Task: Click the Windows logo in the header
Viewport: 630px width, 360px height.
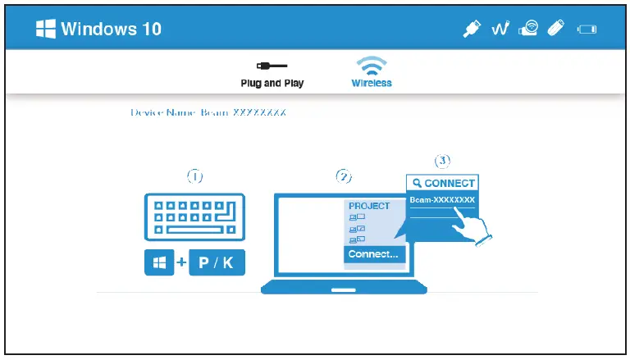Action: coord(46,29)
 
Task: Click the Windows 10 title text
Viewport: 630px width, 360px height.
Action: coord(112,30)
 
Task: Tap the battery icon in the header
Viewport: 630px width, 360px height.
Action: coord(587,30)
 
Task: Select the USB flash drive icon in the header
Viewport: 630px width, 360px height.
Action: coord(556,30)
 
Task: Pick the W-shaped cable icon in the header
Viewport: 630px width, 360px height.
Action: coord(501,30)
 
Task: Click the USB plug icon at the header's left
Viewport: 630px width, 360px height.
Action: coord(472,30)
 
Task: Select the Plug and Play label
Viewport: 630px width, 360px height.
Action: coord(272,84)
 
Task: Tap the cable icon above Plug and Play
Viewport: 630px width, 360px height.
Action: coord(272,65)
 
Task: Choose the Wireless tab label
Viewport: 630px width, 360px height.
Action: coord(372,84)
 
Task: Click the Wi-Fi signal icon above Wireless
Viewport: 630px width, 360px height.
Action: coord(372,66)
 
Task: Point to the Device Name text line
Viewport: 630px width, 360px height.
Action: coord(208,112)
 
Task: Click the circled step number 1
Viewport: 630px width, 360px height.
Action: coord(194,175)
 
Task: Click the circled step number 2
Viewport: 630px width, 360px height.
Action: coord(344,176)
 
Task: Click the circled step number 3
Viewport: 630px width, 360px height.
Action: coord(442,161)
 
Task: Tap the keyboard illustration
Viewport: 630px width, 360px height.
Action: coord(194,217)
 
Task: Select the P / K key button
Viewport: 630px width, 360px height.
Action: coord(217,263)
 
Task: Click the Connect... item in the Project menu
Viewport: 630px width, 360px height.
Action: coord(373,254)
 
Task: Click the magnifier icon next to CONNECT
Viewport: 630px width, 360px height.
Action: coord(418,183)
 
